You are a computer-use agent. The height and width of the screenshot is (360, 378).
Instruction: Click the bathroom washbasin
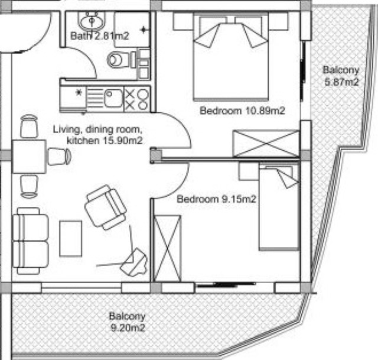pyautogui.click(x=92, y=21)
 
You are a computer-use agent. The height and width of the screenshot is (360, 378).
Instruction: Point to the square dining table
pyautogui.click(x=29, y=157)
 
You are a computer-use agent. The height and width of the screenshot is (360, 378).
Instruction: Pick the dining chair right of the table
pyautogui.click(x=60, y=157)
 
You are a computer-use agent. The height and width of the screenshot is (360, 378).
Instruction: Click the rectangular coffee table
pyautogui.click(x=71, y=238)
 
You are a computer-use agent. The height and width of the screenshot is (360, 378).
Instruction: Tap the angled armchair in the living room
pyautogui.click(x=106, y=207)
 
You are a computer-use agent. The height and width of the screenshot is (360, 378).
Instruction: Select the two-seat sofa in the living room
pyautogui.click(x=30, y=241)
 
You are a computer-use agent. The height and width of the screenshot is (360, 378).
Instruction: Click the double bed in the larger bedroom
pyautogui.click(x=231, y=57)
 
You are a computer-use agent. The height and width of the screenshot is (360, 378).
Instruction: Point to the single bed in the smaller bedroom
pyautogui.click(x=279, y=207)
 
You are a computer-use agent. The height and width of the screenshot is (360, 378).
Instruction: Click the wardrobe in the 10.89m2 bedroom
pyautogui.click(x=266, y=144)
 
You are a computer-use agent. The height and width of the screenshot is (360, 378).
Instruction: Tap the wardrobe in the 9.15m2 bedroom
pyautogui.click(x=167, y=248)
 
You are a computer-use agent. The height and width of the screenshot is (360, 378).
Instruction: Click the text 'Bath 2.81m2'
pyautogui.click(x=100, y=36)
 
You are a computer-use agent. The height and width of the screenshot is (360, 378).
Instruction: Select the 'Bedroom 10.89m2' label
pyautogui.click(x=243, y=111)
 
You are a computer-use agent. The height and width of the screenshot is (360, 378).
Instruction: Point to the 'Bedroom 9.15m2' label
pyautogui.click(x=217, y=199)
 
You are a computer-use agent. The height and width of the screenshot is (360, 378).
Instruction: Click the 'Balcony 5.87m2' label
pyautogui.click(x=341, y=76)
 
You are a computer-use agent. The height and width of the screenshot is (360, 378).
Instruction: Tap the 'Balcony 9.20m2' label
pyautogui.click(x=128, y=322)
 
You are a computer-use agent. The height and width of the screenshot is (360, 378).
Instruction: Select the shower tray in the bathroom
pyautogui.click(x=132, y=30)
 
